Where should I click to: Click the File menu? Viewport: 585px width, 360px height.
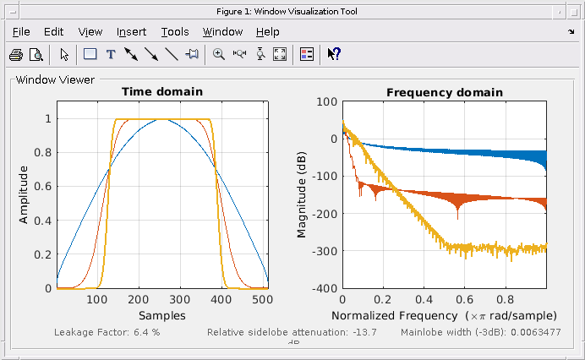(x=21, y=32)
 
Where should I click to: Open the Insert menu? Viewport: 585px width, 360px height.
(x=131, y=32)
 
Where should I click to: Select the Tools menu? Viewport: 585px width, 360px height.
(x=175, y=32)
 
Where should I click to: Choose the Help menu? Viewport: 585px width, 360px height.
(x=267, y=32)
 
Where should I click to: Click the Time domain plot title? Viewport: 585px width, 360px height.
(x=162, y=92)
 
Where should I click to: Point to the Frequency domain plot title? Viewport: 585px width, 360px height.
(x=445, y=92)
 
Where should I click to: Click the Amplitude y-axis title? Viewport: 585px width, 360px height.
(x=24, y=195)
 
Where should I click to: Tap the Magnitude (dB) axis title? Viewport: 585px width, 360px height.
(x=301, y=195)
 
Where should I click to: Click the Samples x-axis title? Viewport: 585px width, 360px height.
(x=162, y=314)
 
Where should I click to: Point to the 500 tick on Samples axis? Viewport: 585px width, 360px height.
(x=262, y=299)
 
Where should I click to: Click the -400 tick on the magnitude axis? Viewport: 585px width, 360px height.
(x=325, y=288)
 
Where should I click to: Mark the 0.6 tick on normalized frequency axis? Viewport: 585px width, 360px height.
(x=464, y=299)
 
